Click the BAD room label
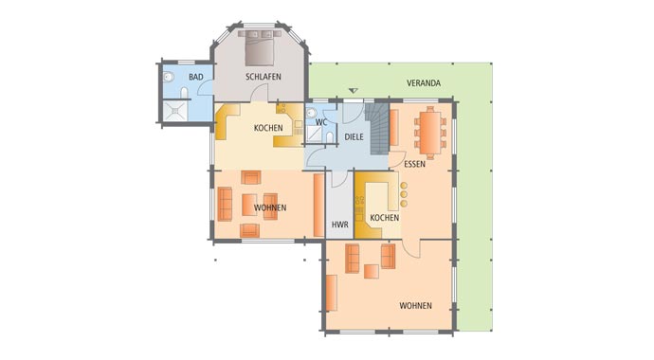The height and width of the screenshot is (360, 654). coord(195,77)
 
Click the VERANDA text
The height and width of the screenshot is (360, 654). coord(424,83)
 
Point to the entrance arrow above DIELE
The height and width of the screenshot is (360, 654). coord(354,92)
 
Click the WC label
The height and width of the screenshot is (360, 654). coord(321,122)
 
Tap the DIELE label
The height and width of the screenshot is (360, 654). coord(354,137)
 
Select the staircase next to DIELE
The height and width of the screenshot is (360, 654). coord(380,126)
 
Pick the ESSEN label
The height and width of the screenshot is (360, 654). coord(413,164)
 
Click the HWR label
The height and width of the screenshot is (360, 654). coord(339,225)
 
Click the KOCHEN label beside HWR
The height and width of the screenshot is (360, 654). coord(384,218)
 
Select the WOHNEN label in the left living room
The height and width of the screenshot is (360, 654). coord(270,207)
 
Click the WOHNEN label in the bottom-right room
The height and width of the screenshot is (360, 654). coord(415,305)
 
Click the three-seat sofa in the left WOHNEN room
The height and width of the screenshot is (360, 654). coord(226,204)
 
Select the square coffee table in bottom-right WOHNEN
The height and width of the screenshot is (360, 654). coord(371,272)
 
